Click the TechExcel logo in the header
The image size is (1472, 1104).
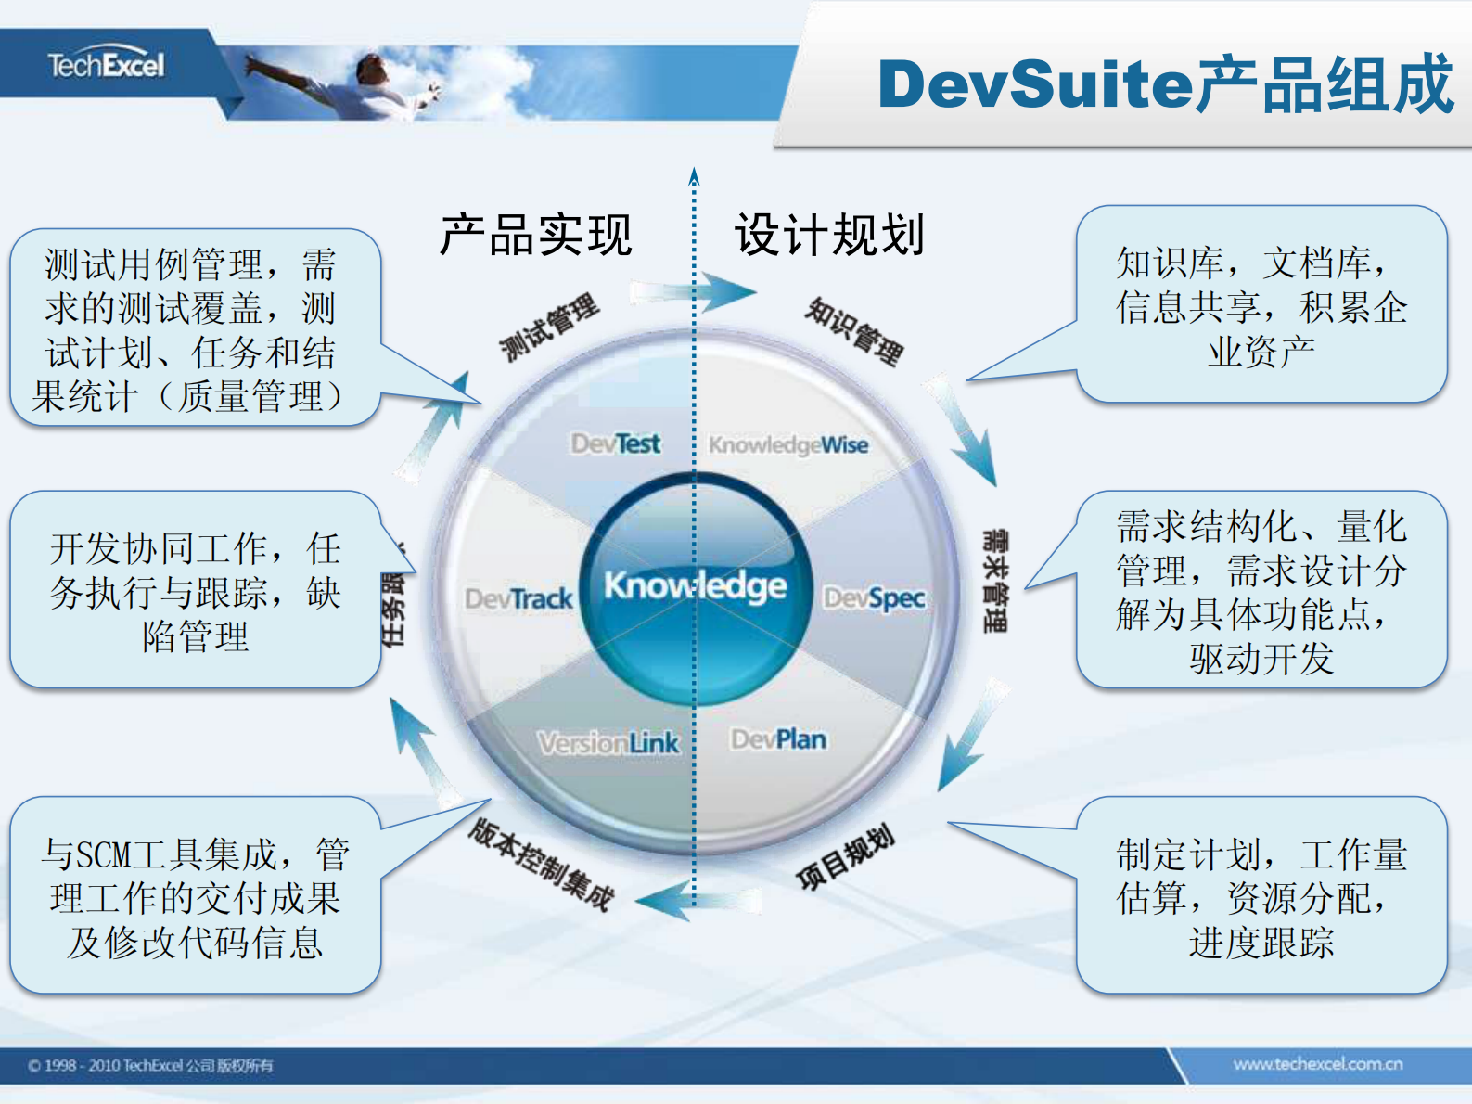coord(106,65)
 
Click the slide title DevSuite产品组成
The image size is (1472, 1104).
coord(1165,84)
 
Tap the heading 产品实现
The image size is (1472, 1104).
coord(535,235)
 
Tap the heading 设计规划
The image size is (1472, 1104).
coord(829,235)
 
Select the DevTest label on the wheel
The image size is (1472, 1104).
coord(615,443)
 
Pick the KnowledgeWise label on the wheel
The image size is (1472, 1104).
coord(788,445)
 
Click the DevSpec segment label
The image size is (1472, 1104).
coord(874,598)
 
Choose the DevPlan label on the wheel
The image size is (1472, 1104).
coord(778,739)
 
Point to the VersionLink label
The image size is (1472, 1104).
coord(608,743)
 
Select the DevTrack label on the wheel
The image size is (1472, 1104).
coord(518,598)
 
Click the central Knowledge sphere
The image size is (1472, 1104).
coord(695,587)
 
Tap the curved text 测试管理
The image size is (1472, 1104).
coord(549,327)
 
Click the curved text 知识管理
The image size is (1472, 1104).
coord(854,331)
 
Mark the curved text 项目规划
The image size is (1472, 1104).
coord(845,856)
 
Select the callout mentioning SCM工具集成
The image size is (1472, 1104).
coord(195,897)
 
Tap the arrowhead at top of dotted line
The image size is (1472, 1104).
coord(694,175)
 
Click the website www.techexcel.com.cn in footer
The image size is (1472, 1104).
coord(1317,1064)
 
